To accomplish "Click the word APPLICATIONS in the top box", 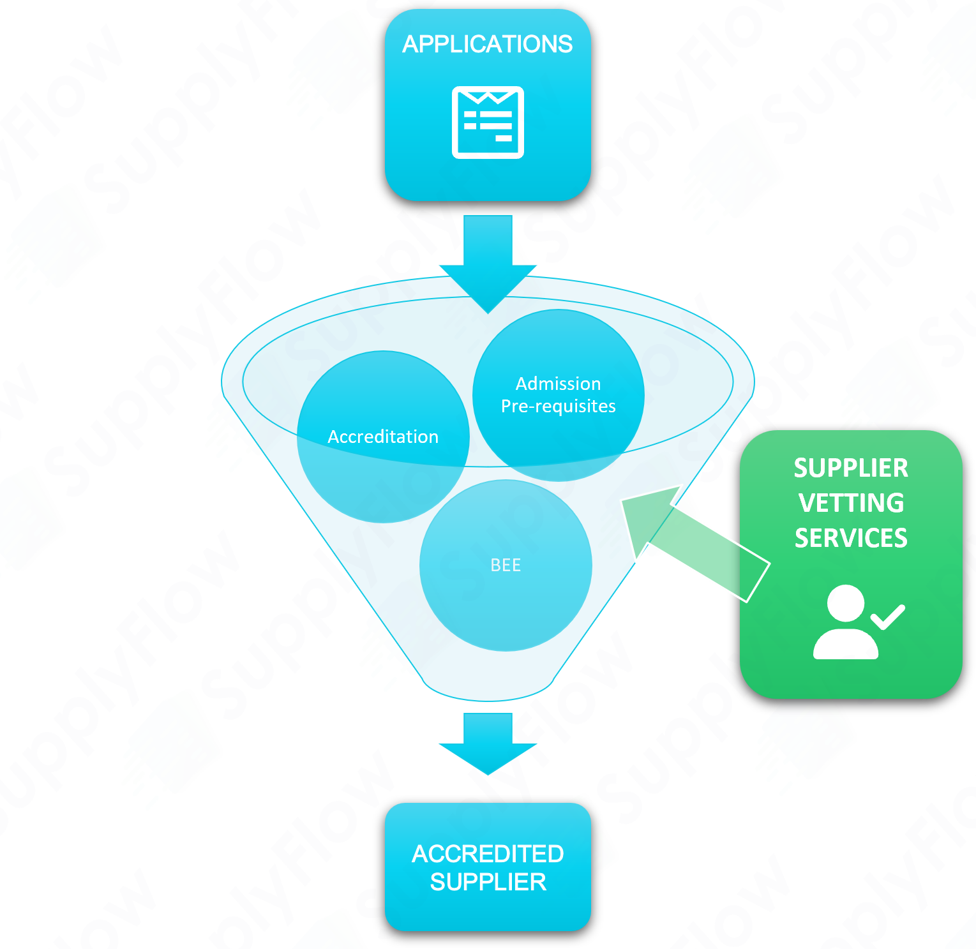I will coord(488,44).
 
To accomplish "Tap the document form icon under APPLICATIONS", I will coord(488,122).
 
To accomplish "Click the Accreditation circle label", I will coord(383,437).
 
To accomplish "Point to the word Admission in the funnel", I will coord(558,384).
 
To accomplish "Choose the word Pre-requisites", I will coord(558,407).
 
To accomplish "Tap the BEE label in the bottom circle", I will coord(506,565).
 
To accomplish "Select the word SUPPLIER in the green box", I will coord(851,468).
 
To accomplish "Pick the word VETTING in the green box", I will coord(851,503).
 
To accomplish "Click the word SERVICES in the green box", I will coord(851,538).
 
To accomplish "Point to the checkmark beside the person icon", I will coord(888,616).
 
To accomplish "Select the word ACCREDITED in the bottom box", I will coord(488,853).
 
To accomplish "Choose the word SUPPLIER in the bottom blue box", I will coord(488,882).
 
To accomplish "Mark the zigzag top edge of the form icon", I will coord(488,98).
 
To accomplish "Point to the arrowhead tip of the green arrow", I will coord(626,501).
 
